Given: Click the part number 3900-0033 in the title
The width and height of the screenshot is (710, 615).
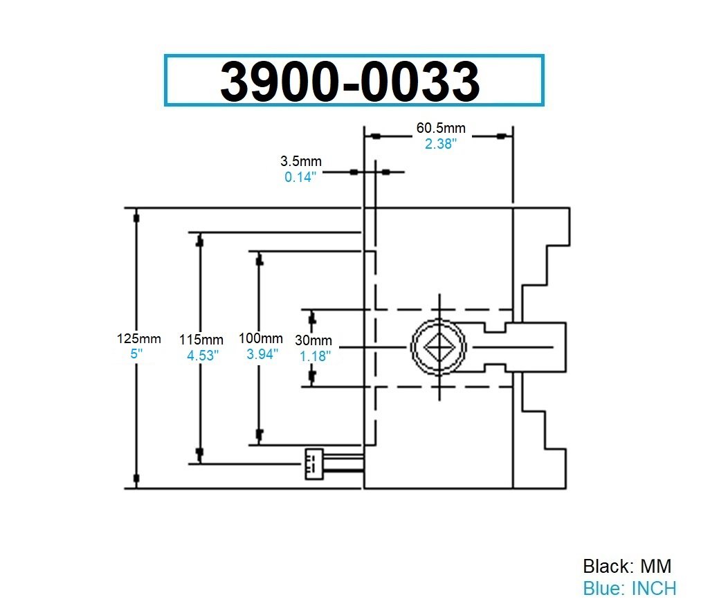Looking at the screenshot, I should (350, 81).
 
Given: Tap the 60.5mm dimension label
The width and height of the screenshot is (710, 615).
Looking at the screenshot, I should (441, 128).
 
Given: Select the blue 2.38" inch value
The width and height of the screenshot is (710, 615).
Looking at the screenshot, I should (441, 144).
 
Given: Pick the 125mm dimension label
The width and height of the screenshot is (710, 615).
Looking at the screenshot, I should (138, 339).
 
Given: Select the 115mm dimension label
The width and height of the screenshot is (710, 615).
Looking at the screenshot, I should (201, 340).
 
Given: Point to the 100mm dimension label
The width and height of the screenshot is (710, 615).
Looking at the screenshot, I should (261, 338).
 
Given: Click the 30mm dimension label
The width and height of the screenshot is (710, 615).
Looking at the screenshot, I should (313, 340).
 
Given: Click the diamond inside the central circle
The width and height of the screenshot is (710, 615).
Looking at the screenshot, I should (439, 345).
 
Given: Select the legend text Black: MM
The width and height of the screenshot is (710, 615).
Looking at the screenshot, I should (627, 566).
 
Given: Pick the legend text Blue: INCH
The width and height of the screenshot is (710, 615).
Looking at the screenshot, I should (629, 589).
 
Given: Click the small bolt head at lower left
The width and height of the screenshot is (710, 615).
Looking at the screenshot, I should (313, 463).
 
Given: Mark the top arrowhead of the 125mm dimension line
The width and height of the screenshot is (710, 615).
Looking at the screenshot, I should (136, 217).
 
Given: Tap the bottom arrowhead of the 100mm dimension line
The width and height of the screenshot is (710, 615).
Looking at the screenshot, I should (260, 434).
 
